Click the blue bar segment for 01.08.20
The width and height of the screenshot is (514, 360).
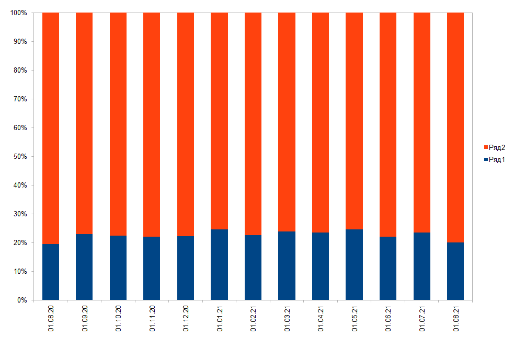pyautogui.click(x=51, y=272)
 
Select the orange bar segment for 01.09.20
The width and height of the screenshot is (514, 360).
pyautogui.click(x=84, y=123)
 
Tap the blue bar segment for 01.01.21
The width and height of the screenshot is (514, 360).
pyautogui.click(x=219, y=264)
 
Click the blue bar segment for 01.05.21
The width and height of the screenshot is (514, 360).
pyautogui.click(x=354, y=264)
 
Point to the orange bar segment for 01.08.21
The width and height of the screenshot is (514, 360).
pyautogui.click(x=455, y=127)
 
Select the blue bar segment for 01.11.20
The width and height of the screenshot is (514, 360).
pyautogui.click(x=152, y=268)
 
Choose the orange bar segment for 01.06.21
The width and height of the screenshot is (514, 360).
pyautogui.click(x=388, y=124)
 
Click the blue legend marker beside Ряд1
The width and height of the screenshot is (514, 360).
pyautogui.click(x=486, y=159)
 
